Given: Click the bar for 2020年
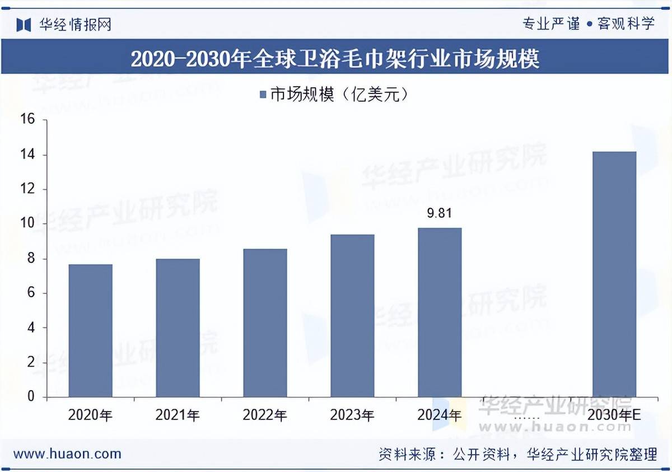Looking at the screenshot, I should coord(90,330).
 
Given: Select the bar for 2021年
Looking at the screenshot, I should coord(178,328).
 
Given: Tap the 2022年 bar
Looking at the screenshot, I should coord(265,323).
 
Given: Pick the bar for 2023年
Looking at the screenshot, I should coord(352,316).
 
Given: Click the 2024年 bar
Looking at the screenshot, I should coord(440,312).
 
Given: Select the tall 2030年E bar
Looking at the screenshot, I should coord(614,274).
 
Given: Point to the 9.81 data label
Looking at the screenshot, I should coord(440,213).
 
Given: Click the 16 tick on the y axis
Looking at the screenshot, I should coord(27,119).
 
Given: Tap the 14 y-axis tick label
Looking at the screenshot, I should coord(27,154).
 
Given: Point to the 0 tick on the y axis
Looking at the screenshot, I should coord(31,397).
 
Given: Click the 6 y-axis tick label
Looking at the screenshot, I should coord(31,293).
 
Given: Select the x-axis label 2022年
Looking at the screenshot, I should coord(265,415).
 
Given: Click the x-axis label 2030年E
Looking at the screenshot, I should coord(614,415).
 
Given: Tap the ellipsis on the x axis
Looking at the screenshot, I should coord(526,417).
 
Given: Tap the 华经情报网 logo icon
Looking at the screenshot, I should coord(24,25).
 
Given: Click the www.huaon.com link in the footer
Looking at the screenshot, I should coord(67,454).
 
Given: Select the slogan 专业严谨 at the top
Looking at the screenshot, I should coord(551,24).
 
